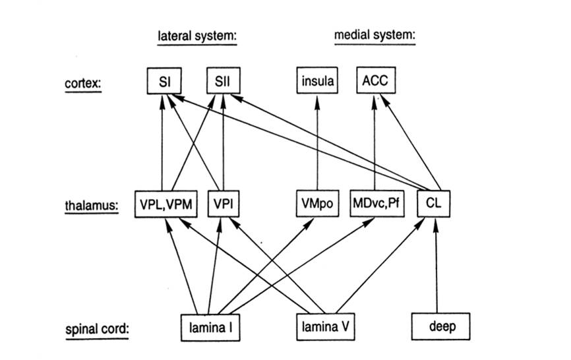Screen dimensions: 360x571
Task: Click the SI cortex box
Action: [x=162, y=82]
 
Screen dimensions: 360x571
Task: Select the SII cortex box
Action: [x=223, y=82]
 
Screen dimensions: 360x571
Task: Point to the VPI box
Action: [x=224, y=205]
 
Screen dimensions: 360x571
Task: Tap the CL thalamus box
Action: [x=436, y=205]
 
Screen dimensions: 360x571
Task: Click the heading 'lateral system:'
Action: [x=197, y=36]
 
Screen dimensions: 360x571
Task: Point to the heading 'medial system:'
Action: [x=375, y=36]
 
